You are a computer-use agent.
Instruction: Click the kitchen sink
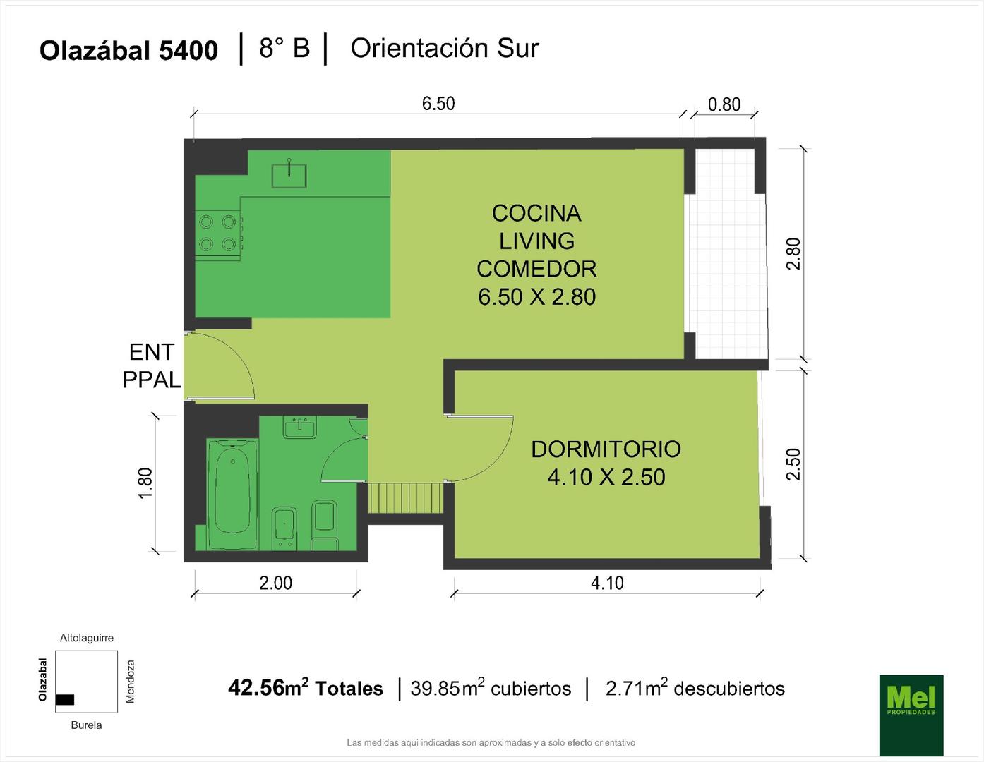click(289, 175)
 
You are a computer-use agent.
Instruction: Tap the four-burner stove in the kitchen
click(219, 233)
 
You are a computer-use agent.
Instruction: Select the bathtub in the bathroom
click(232, 494)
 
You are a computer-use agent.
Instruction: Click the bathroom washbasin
click(300, 427)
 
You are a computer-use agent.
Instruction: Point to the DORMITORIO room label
click(606, 449)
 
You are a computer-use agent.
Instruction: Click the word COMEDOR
click(536, 270)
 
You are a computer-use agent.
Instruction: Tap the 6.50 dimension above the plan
click(438, 104)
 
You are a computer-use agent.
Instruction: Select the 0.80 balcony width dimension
click(724, 104)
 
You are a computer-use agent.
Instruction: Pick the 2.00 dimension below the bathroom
click(275, 583)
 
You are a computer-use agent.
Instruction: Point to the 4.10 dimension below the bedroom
click(607, 583)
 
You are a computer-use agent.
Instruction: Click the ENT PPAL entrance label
click(152, 366)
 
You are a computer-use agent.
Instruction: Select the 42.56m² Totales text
click(306, 688)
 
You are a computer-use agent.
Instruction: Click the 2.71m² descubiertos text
click(695, 688)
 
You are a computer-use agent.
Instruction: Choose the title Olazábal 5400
click(129, 50)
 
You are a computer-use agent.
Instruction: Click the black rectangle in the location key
click(65, 699)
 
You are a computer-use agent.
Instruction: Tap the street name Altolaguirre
click(87, 638)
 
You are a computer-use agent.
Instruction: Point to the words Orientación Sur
click(445, 49)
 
